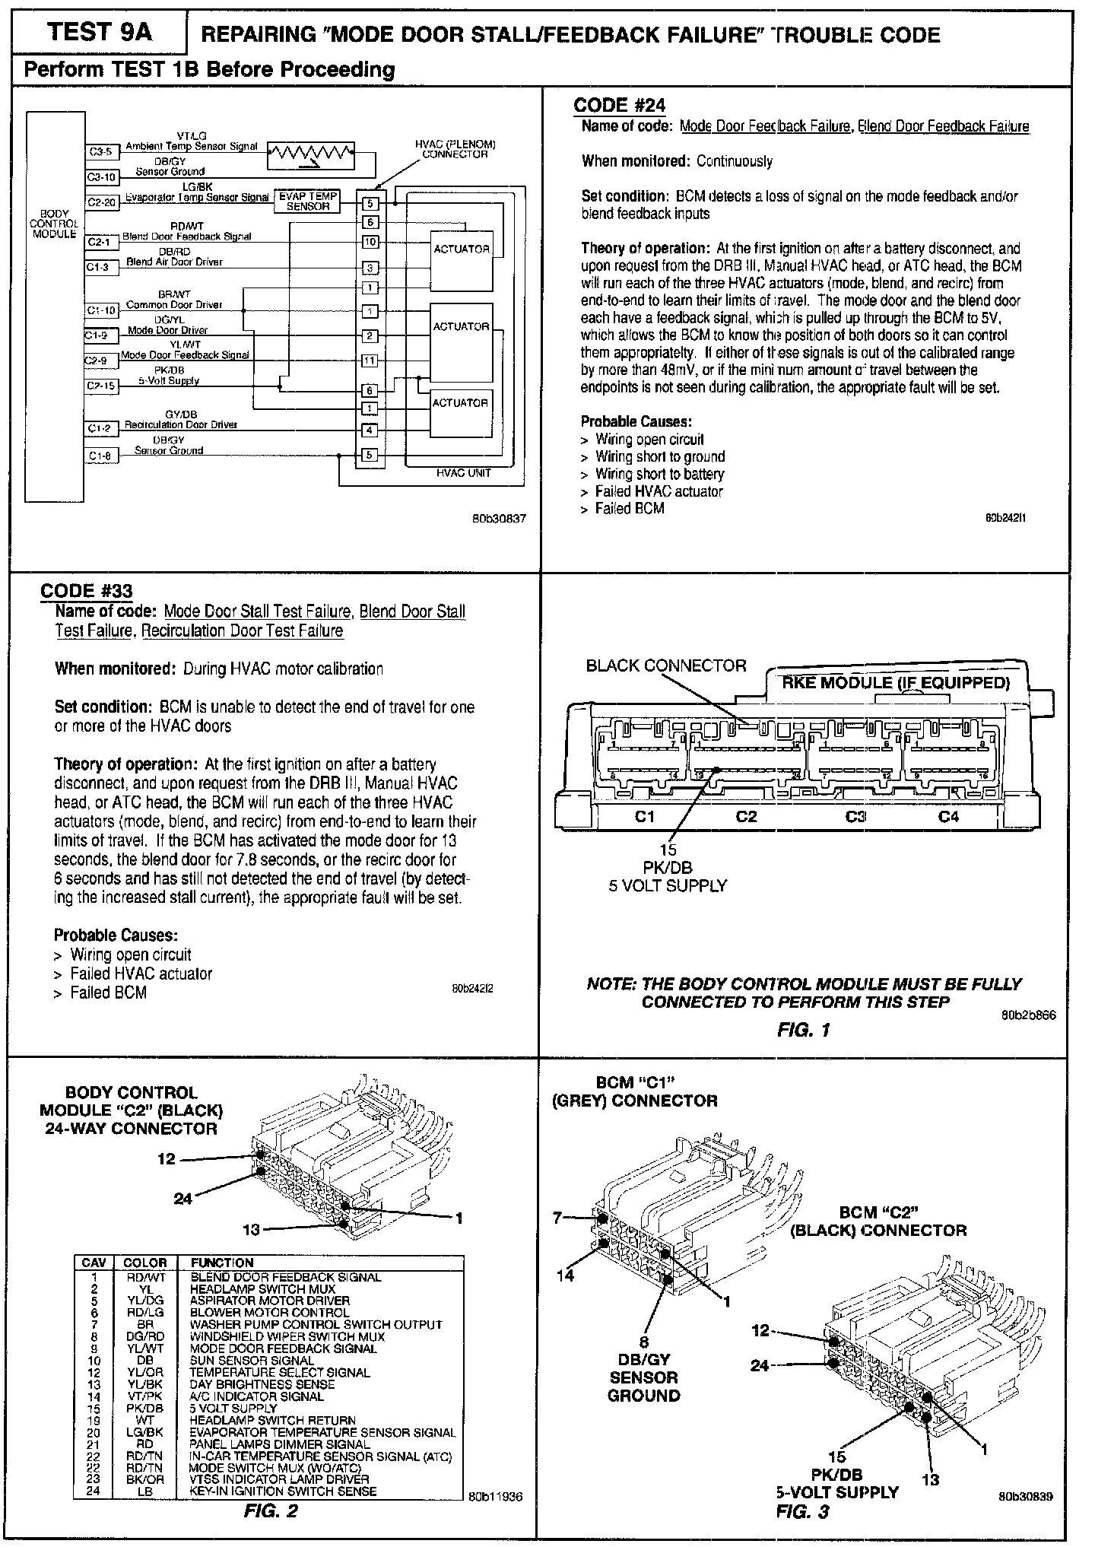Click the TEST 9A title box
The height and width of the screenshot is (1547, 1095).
(99, 33)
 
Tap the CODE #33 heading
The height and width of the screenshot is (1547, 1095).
(86, 591)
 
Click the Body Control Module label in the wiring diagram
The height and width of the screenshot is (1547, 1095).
(53, 224)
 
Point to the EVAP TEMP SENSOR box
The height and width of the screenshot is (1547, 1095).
(308, 201)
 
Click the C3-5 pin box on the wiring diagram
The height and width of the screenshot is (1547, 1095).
(99, 151)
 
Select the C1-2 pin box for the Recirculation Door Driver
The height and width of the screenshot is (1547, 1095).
(99, 429)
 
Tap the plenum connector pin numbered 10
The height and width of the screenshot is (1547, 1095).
(370, 242)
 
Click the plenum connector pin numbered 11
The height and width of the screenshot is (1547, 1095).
(370, 361)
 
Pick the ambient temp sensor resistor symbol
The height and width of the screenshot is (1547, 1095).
(311, 154)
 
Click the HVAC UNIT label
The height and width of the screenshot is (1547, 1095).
(463, 473)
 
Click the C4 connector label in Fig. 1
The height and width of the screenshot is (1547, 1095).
(948, 817)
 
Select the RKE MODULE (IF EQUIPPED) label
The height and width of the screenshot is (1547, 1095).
(896, 682)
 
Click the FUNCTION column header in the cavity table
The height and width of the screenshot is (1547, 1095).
(221, 1263)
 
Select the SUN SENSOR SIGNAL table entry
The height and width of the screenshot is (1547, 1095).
(252, 1360)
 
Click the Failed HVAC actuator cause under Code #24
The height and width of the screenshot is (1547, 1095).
(659, 491)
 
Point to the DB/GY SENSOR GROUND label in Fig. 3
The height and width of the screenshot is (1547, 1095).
(643, 1377)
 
